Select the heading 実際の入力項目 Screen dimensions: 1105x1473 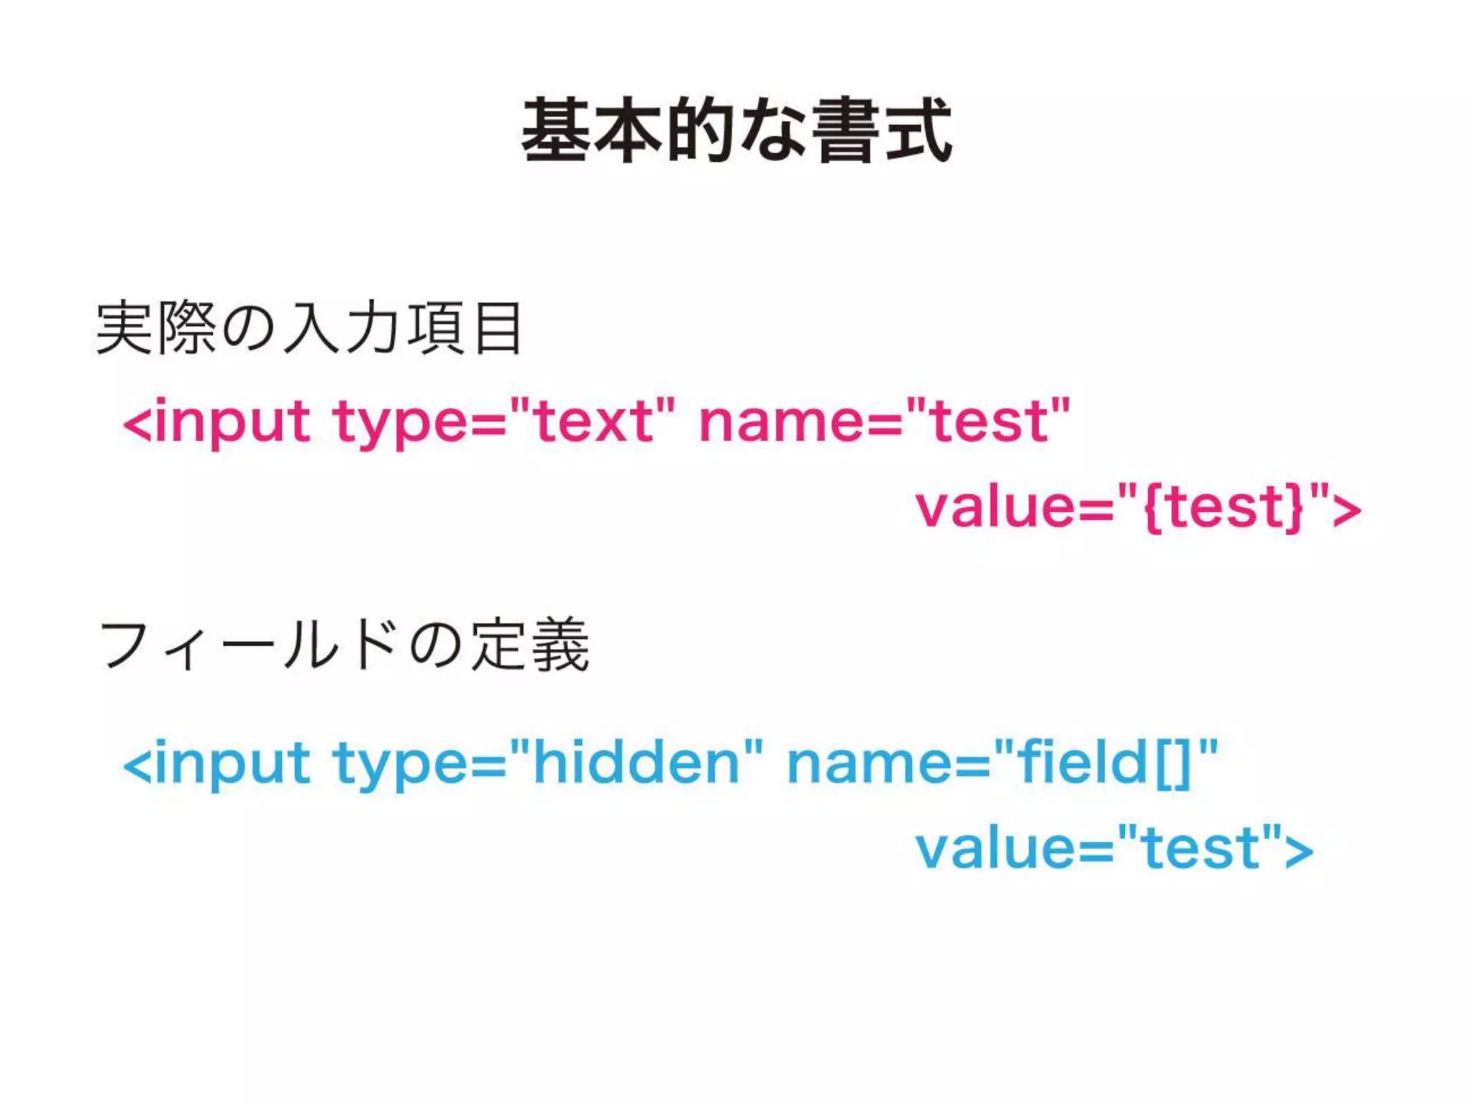click(309, 329)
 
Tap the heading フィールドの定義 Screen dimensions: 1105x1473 click(344, 645)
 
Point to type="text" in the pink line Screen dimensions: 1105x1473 click(503, 422)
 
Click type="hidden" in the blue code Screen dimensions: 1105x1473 click(547, 763)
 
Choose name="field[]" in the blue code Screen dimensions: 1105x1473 click(1003, 763)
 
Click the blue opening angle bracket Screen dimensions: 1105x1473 click(137, 765)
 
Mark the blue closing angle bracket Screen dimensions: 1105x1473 click(1298, 852)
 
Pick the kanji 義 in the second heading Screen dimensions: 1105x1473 click(560, 645)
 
